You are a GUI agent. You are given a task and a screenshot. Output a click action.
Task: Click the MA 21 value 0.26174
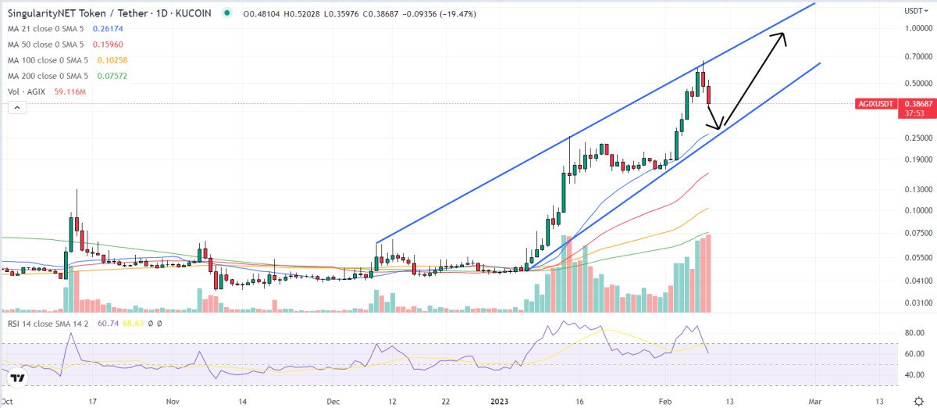(109, 28)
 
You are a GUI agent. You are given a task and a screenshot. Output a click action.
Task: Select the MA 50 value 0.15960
(109, 45)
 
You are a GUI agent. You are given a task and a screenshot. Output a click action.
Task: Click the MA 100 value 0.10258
(113, 60)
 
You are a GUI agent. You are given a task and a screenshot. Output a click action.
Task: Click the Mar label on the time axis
(814, 400)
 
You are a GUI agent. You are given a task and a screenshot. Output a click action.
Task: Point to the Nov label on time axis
(173, 400)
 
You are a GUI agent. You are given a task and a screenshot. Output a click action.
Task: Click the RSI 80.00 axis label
(916, 333)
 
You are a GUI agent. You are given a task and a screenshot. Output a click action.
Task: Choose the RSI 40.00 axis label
(916, 375)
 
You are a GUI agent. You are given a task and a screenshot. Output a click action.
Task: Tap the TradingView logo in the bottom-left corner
(19, 378)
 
